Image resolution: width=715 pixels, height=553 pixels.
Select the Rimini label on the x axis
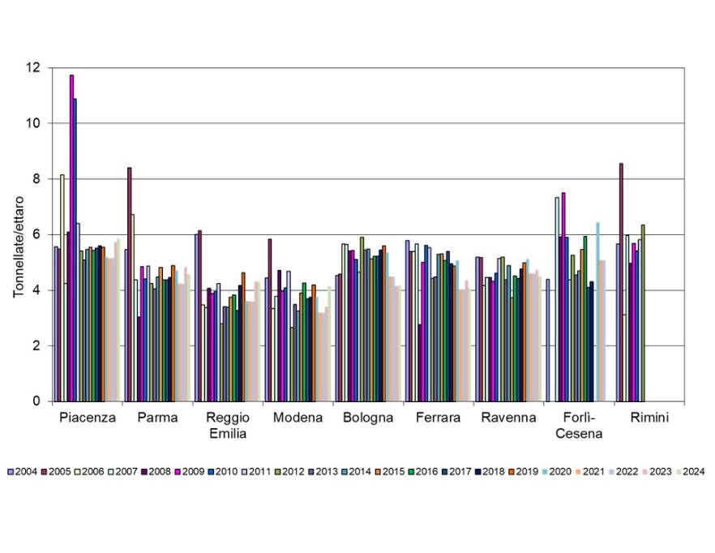650,418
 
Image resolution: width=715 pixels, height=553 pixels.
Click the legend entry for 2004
23,472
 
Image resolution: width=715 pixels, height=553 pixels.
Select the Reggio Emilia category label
228,426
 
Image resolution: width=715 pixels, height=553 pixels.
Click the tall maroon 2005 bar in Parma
130,284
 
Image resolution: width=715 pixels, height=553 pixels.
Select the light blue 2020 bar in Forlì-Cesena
597,311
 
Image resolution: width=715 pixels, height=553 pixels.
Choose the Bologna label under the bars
368,418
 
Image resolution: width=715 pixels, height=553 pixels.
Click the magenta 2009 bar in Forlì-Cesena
563,297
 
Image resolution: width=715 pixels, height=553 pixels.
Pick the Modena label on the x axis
298,418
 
